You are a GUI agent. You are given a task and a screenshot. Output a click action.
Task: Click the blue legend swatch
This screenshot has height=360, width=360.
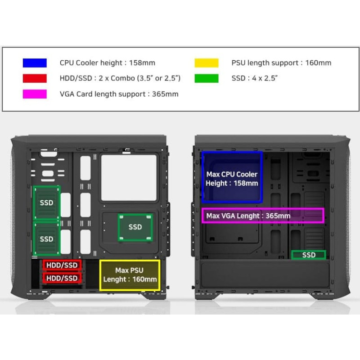tap(35, 63)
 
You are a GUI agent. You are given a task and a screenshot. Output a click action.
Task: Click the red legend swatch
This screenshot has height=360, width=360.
tap(35, 78)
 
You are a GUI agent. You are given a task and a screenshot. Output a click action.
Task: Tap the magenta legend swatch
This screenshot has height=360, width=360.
tap(35, 94)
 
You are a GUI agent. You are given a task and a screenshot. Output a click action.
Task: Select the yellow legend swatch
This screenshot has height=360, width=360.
tap(207, 63)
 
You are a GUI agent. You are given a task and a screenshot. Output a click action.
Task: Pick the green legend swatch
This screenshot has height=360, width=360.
tap(207, 78)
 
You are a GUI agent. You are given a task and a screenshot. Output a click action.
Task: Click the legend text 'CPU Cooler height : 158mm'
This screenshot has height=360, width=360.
tap(107, 63)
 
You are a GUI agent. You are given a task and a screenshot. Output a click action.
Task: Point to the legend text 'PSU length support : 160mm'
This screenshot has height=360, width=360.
tap(281, 63)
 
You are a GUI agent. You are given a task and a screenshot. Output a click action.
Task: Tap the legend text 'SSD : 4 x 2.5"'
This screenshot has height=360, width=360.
tap(255, 78)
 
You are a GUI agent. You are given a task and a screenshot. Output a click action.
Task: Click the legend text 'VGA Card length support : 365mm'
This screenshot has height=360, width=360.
tap(119, 94)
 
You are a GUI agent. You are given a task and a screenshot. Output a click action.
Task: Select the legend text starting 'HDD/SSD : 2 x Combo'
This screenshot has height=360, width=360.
tap(120, 78)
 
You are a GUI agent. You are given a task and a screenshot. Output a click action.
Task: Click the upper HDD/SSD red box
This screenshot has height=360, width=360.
tap(62, 265)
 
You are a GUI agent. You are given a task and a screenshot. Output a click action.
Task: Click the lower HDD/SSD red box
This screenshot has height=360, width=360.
tap(62, 279)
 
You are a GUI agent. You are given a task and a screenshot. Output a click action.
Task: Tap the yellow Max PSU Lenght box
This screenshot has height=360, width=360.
tap(130, 275)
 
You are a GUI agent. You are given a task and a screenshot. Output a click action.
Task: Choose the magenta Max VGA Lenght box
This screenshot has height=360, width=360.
tap(262, 216)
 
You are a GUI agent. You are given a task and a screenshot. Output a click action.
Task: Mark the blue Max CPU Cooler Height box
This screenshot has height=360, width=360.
tap(232, 176)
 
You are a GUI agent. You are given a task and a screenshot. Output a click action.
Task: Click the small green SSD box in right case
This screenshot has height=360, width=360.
tap(309, 255)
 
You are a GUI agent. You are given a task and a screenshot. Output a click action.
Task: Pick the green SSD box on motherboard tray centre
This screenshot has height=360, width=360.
tap(135, 227)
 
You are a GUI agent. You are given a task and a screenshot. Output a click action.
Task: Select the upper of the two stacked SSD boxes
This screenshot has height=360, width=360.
tap(46, 202)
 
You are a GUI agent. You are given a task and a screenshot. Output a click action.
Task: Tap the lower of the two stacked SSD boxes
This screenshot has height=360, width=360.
tap(46, 238)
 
